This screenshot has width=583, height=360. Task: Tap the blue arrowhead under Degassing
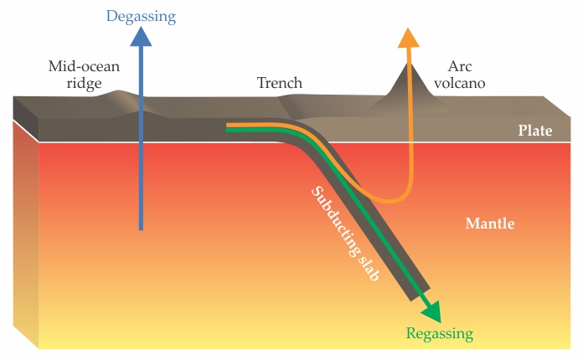coord(142,37)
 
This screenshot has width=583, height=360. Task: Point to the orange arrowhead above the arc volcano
coord(407,38)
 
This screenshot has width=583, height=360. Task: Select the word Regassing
coord(440,334)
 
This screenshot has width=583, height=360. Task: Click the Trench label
coord(279,83)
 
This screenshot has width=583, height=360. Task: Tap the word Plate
coord(536,131)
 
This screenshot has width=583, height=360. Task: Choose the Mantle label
coord(490,224)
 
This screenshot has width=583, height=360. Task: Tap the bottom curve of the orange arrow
coord(387,200)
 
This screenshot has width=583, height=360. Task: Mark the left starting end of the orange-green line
coord(229,128)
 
